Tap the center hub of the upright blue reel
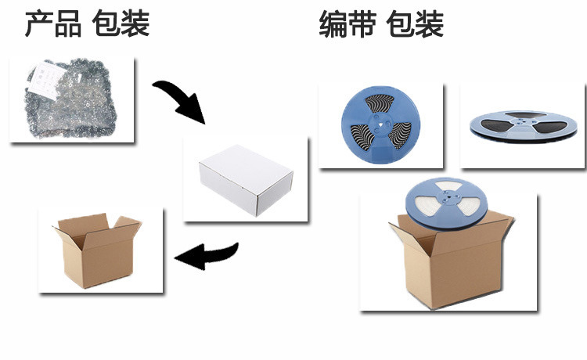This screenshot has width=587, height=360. tap(381, 123)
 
